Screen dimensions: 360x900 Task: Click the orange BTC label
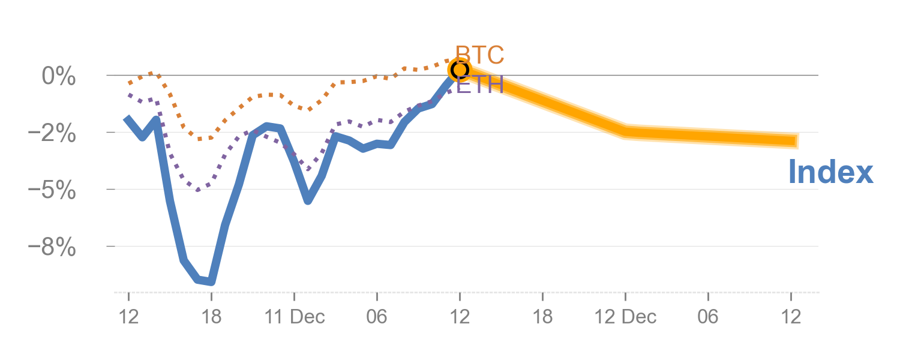click(x=479, y=55)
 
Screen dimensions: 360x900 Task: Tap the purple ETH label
click(x=479, y=85)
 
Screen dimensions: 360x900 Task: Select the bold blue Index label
click(x=830, y=172)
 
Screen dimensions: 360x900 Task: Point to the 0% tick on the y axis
click(x=58, y=76)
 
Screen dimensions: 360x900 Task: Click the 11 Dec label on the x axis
click(x=295, y=316)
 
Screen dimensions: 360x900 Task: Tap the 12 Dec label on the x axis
click(x=626, y=316)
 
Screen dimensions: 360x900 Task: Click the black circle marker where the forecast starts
click(x=460, y=70)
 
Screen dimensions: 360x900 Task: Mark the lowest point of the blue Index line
click(x=211, y=281)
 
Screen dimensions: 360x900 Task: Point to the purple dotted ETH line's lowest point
click(x=198, y=190)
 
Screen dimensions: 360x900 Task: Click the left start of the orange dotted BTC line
click(x=129, y=83)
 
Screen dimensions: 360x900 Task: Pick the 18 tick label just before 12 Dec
click(x=542, y=316)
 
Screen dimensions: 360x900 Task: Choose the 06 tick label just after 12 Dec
click(x=708, y=316)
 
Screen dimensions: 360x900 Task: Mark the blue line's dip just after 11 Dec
click(x=308, y=200)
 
